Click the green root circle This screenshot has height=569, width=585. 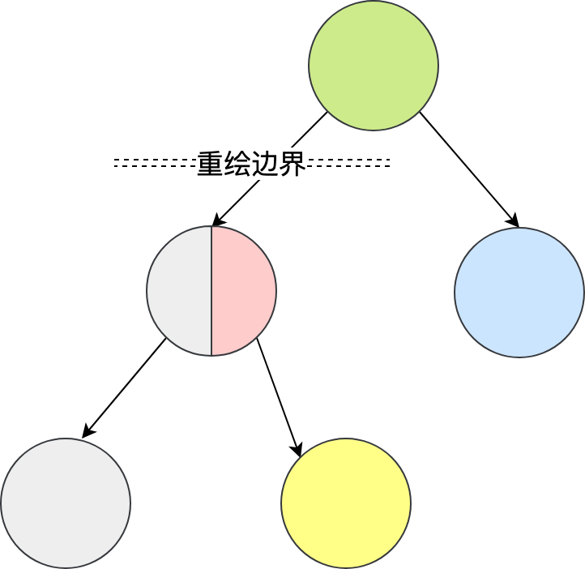(x=374, y=66)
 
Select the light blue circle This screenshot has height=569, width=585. (x=519, y=293)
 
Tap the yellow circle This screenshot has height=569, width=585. (x=346, y=503)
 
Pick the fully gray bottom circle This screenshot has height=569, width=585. (x=66, y=503)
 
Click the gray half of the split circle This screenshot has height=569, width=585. (x=179, y=291)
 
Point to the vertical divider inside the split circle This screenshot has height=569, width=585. (x=211, y=291)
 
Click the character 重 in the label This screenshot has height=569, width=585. (x=210, y=164)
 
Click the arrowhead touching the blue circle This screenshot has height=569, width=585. (x=513, y=221)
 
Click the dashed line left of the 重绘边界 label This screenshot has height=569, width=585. (x=154, y=163)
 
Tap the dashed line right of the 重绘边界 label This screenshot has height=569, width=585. (x=348, y=163)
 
